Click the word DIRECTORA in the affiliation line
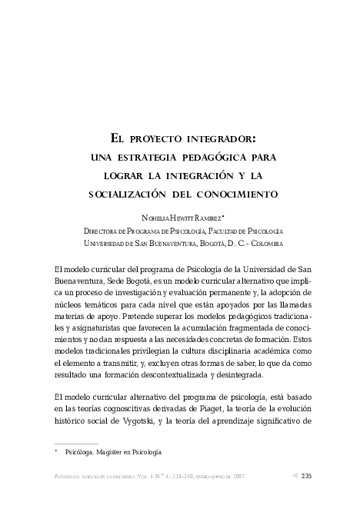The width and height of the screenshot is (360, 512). tap(102, 231)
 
